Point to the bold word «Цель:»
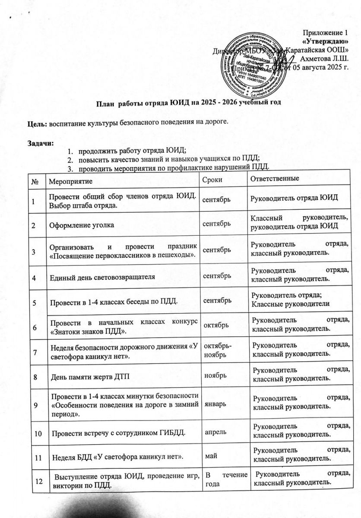tap(38, 123)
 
